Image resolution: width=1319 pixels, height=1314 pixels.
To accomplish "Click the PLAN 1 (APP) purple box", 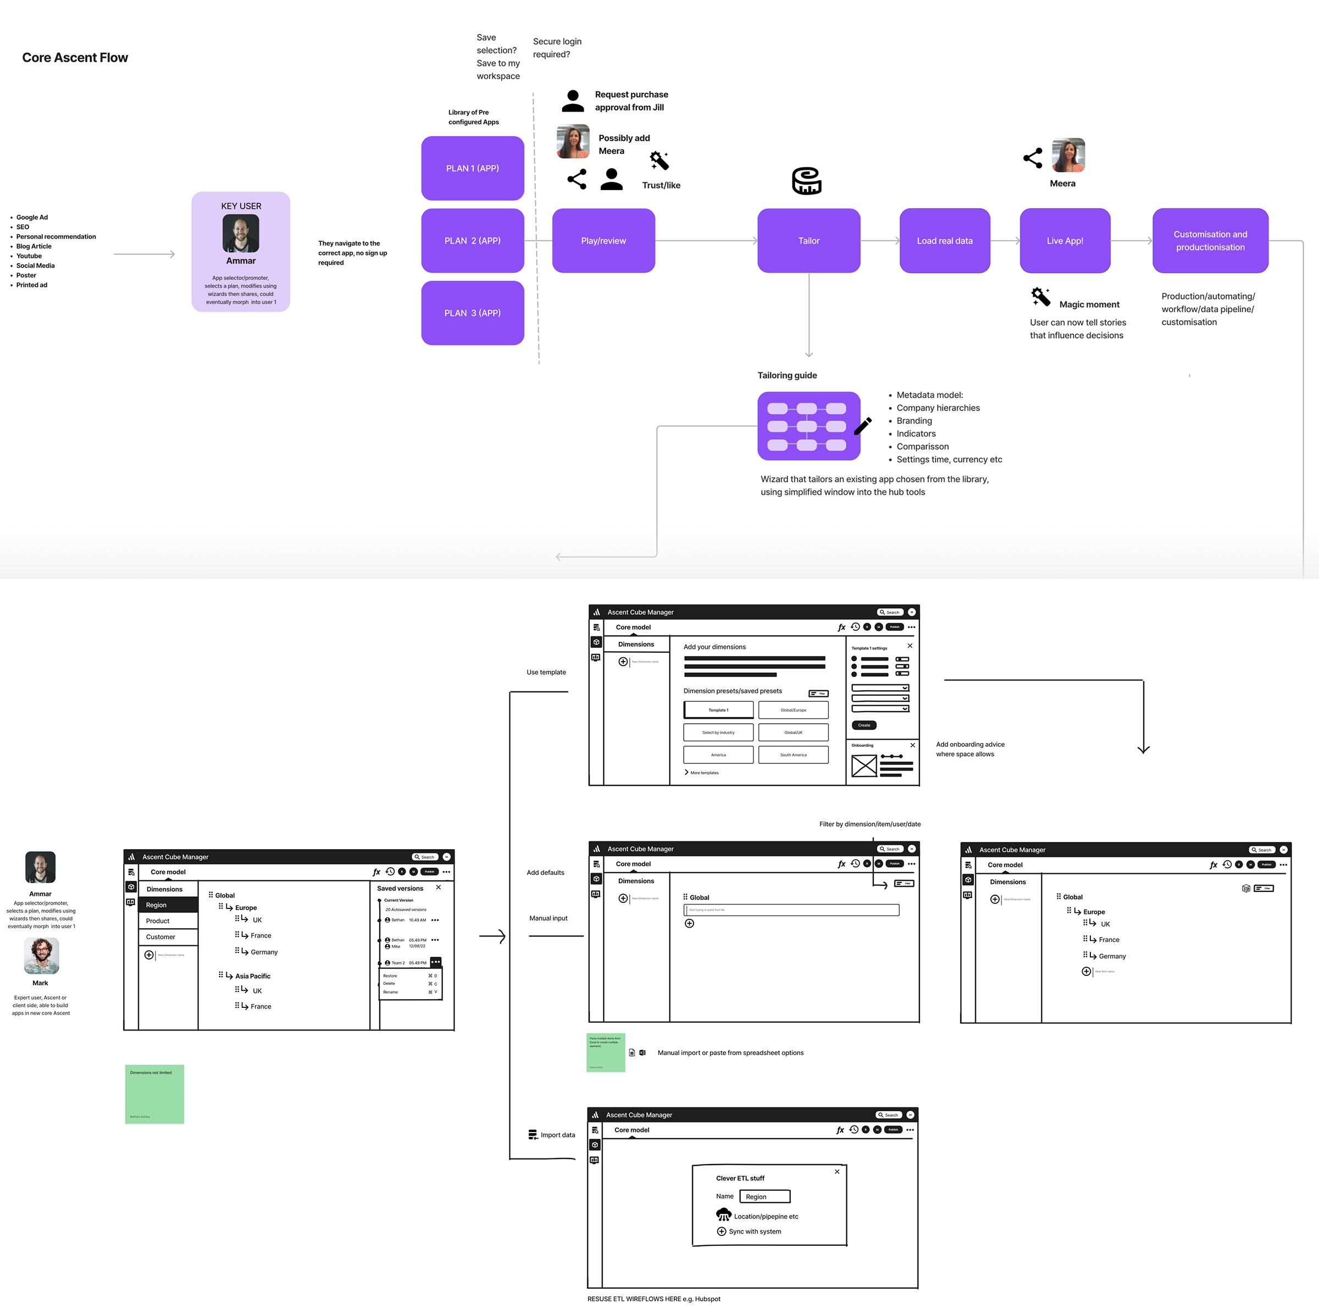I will coord(473,168).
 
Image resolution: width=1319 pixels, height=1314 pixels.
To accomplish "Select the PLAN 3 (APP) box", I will coord(473,313).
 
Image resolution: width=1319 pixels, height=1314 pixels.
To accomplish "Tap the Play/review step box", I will coord(603,240).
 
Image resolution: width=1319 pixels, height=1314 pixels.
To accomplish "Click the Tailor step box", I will coord(808,240).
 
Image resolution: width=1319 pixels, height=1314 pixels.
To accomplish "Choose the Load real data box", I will coord(944,240).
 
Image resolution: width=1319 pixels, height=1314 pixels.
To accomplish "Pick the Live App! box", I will coord(1065,240).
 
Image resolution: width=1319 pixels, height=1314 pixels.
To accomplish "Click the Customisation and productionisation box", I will coord(1210,240).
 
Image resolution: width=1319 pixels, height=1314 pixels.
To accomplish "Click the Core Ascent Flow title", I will coord(75,57).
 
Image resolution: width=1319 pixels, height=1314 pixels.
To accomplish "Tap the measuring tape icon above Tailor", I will coord(806,181).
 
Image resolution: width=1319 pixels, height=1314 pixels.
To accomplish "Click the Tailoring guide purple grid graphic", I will coord(808,426).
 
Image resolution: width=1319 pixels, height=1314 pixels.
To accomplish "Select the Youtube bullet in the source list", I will coord(29,256).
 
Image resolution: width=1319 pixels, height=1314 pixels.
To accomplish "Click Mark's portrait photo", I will coord(41,955).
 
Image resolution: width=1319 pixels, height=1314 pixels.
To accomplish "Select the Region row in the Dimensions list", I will coord(168,905).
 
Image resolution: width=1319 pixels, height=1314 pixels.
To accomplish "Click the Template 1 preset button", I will coord(718,710).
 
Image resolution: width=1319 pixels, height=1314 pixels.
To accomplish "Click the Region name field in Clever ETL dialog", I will coord(764,1196).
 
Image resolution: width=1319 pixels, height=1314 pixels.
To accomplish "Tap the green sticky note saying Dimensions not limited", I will coord(154,1094).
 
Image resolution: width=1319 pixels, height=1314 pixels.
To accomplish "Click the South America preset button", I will coord(793,754).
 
